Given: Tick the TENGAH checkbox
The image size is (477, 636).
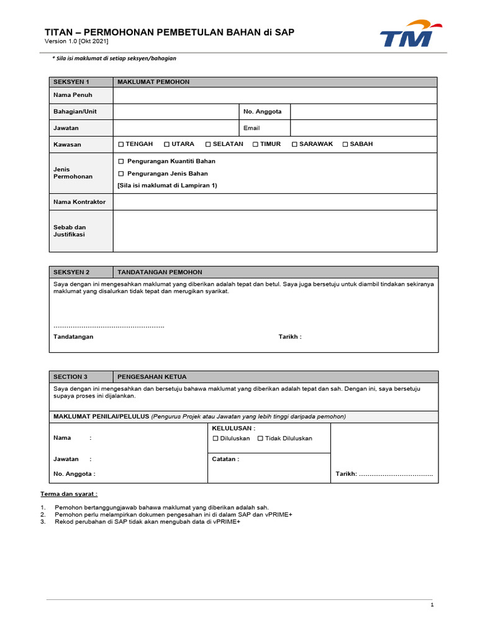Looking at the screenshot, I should pyautogui.click(x=121, y=144).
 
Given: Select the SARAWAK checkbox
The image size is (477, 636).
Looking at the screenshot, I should pyautogui.click(x=295, y=144).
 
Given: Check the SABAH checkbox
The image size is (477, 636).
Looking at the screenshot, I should pyautogui.click(x=346, y=144).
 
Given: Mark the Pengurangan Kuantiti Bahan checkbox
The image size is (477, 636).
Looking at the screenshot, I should pyautogui.click(x=122, y=161).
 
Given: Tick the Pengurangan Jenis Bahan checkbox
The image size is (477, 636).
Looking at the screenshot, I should pyautogui.click(x=122, y=174).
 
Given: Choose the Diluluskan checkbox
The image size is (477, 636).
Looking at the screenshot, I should pyautogui.click(x=216, y=438).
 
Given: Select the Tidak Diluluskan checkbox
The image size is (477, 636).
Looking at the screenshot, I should pyautogui.click(x=260, y=438).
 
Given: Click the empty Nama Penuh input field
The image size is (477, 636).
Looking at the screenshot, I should pyautogui.click(x=275, y=95).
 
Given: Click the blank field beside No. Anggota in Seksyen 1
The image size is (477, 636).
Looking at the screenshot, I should pyautogui.click(x=363, y=112).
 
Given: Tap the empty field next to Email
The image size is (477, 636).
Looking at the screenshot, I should pyautogui.click(x=363, y=128).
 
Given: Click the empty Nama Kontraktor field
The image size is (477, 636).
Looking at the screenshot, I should pyautogui.click(x=275, y=202).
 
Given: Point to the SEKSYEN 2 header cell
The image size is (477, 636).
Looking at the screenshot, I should pyautogui.click(x=81, y=272).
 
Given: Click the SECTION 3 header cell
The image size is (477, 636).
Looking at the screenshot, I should pyautogui.click(x=81, y=376).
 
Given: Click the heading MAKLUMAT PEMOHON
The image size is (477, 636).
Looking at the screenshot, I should pyautogui.click(x=153, y=82).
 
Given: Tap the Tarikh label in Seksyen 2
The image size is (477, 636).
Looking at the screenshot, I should pyautogui.click(x=289, y=337).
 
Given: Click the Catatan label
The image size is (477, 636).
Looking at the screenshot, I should pyautogui.click(x=225, y=460).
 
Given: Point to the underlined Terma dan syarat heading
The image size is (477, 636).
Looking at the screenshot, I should pyautogui.click(x=69, y=494).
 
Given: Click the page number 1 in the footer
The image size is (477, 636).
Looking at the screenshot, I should pyautogui.click(x=432, y=605).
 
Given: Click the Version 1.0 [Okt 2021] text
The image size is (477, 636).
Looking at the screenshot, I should pyautogui.click(x=76, y=42).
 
